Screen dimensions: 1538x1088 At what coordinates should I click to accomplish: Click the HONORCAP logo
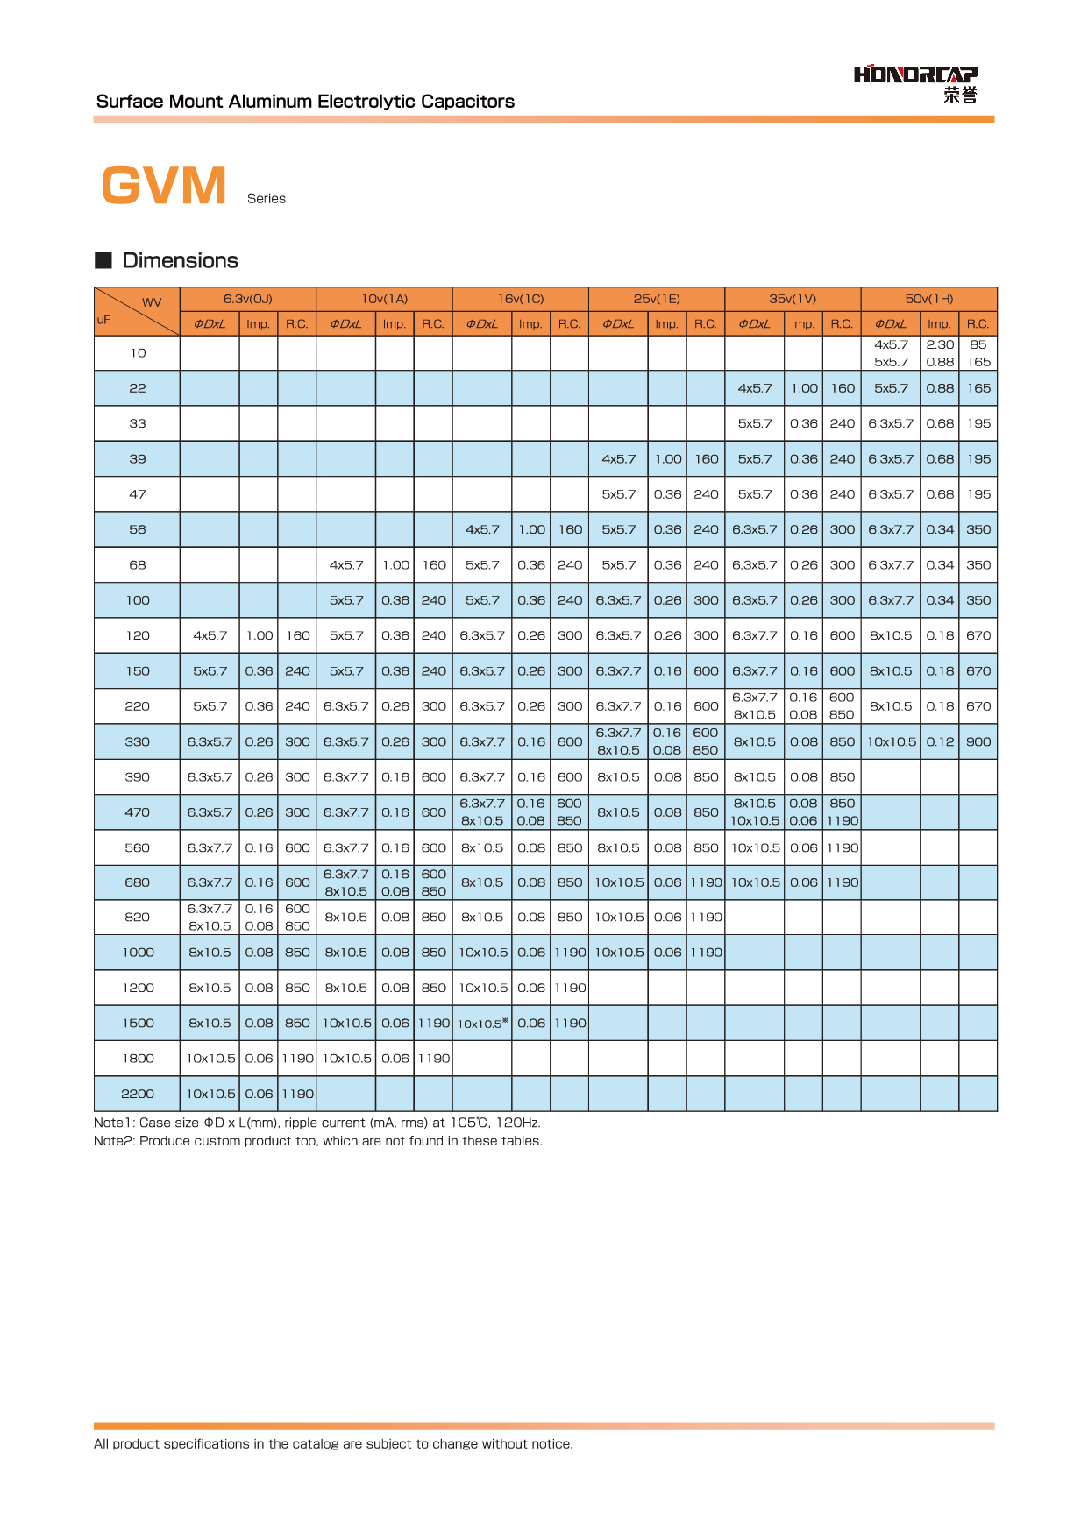tap(915, 82)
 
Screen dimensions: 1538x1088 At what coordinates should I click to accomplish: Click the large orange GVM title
tap(164, 186)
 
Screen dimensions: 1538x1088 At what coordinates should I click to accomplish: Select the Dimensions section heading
tap(180, 260)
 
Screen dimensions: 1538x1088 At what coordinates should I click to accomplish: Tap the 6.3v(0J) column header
tap(247, 299)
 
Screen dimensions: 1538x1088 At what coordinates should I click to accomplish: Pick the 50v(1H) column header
tap(928, 299)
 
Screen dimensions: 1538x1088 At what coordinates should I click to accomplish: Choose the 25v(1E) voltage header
tap(656, 299)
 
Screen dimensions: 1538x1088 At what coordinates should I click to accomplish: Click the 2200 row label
tap(138, 1094)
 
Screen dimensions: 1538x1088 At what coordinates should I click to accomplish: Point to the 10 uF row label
tap(138, 353)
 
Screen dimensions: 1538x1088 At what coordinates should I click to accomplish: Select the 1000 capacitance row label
tap(138, 953)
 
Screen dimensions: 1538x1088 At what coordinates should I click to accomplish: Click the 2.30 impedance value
tap(940, 344)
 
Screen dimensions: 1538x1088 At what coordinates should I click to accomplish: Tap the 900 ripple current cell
tap(978, 742)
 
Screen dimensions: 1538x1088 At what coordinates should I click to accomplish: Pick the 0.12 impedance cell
tap(940, 742)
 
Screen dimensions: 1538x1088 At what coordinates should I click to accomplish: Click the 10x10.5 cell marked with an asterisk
tap(481, 1024)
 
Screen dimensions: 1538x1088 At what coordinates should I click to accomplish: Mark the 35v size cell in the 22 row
tap(755, 388)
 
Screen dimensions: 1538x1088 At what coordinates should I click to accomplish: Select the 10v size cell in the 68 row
tap(346, 565)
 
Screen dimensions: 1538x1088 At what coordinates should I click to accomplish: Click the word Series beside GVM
tap(267, 199)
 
